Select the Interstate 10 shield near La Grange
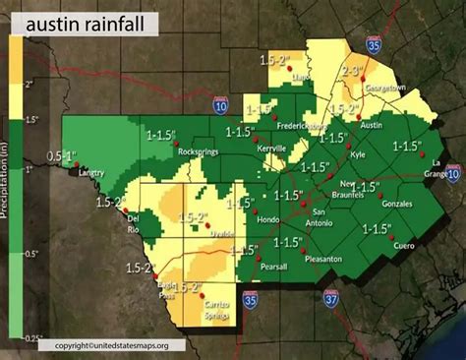[x=452, y=173]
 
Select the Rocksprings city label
[x=201, y=151]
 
